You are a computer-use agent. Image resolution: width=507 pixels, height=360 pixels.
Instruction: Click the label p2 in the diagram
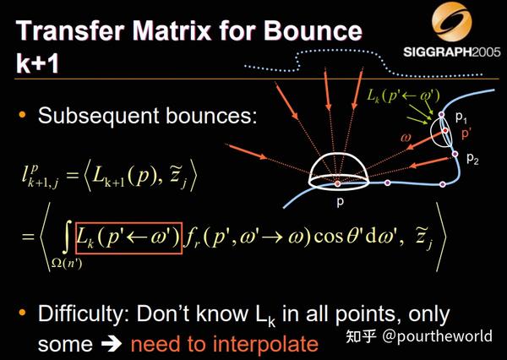472,158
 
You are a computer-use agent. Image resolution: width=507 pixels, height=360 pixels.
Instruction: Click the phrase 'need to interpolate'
225,344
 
